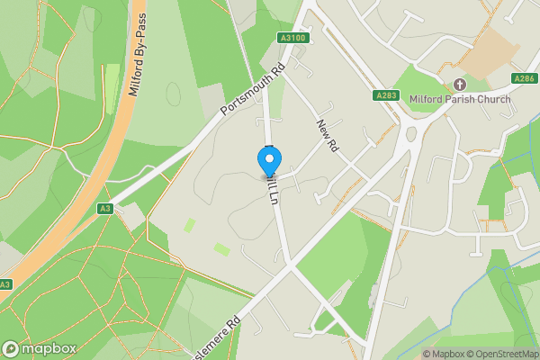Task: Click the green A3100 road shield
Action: coord(292,38)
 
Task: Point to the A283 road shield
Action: coord(385,94)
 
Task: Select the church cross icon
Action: coord(459,85)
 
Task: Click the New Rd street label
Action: coord(326,134)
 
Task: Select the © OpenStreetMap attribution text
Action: coord(500,354)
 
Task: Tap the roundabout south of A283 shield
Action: coord(409,136)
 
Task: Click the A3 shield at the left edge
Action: coord(6,284)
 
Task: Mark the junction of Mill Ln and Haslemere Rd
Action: coord(289,264)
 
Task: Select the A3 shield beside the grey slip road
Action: coord(106,209)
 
